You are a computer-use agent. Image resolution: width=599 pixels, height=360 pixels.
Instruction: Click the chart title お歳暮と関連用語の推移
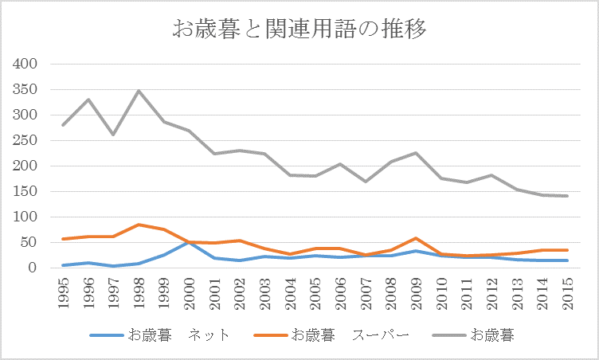pyautogui.click(x=299, y=30)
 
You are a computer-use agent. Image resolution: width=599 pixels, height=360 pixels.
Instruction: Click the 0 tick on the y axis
pyautogui.click(x=33, y=268)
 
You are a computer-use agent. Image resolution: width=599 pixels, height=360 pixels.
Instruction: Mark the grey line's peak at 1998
pyautogui.click(x=139, y=91)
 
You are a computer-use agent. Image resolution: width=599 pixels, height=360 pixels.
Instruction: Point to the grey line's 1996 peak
pyautogui.click(x=88, y=100)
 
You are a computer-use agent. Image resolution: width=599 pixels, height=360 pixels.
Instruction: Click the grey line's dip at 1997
pyautogui.click(x=113, y=134)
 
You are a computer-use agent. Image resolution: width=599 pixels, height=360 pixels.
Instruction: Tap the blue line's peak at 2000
pyautogui.click(x=189, y=241)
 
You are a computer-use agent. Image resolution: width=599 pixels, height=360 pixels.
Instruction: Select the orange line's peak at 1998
pyautogui.click(x=139, y=225)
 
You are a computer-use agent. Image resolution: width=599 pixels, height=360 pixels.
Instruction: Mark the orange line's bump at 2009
pyautogui.click(x=416, y=238)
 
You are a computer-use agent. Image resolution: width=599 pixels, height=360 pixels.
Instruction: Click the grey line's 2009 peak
pyautogui.click(x=416, y=153)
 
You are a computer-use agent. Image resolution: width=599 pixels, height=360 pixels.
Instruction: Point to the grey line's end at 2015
pyautogui.click(x=567, y=196)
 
